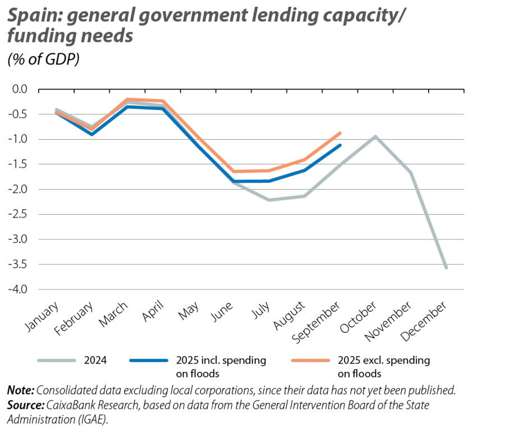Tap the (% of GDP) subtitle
click(43, 60)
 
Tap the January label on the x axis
click(43, 318)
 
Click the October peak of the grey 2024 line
click(375, 136)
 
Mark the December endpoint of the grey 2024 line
click(447, 268)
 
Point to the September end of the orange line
click(340, 133)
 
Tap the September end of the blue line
click(340, 145)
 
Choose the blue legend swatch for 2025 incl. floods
click(149, 360)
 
